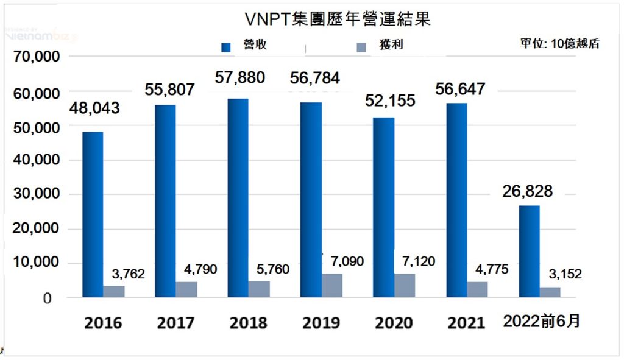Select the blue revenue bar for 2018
click(238, 198)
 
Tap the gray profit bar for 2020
click(405, 286)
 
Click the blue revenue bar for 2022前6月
click(529, 252)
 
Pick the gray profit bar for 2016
click(113, 291)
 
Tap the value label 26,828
click(528, 191)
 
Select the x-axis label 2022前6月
click(541, 321)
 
